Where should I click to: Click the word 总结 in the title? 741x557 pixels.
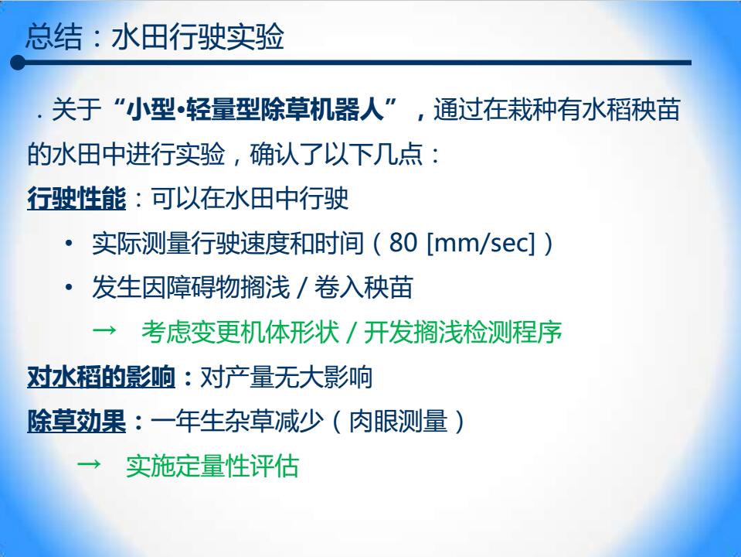click(x=54, y=36)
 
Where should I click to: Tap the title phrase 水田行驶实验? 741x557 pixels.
click(x=198, y=36)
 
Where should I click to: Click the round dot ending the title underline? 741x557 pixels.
click(x=18, y=63)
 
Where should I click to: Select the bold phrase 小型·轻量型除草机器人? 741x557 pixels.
click(x=256, y=110)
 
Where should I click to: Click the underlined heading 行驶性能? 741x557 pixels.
click(x=76, y=198)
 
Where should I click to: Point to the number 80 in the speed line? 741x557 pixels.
click(x=403, y=242)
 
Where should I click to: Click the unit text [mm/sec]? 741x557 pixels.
click(x=481, y=243)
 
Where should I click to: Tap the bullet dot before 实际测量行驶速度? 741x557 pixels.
click(x=69, y=243)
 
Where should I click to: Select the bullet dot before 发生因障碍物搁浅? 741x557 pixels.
click(x=69, y=287)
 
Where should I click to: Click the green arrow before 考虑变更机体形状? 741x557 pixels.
click(x=104, y=330)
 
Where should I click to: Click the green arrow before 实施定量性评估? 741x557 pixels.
click(x=89, y=463)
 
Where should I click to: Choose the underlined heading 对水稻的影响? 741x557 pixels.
click(x=101, y=378)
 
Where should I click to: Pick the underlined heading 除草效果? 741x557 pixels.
click(x=76, y=421)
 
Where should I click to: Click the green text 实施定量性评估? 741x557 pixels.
click(x=212, y=466)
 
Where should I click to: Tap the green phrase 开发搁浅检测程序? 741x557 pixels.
click(x=463, y=332)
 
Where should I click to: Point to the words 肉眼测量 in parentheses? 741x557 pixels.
click(x=398, y=421)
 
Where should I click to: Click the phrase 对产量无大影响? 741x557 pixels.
click(x=287, y=378)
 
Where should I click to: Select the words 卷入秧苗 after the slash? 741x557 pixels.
click(x=364, y=287)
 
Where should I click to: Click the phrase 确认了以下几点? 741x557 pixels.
click(x=336, y=154)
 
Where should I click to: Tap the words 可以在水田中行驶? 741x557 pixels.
click(x=250, y=198)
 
